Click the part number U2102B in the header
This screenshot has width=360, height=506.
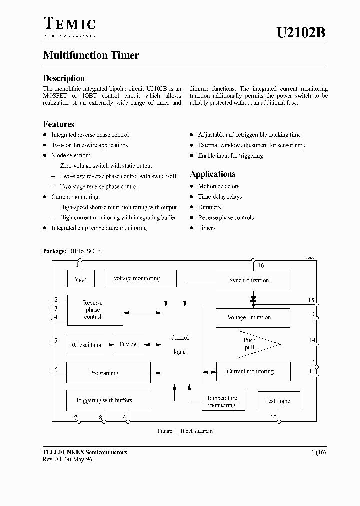(x=301, y=33)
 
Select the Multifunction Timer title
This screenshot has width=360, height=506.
(x=91, y=55)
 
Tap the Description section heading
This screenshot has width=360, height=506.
(x=64, y=78)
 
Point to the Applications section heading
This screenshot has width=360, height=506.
(x=212, y=174)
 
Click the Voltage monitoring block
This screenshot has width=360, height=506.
(x=139, y=279)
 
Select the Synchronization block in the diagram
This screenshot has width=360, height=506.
(x=251, y=280)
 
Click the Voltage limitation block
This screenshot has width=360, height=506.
(x=252, y=317)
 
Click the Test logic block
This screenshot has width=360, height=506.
(x=278, y=401)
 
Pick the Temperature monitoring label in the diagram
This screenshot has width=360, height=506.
(x=221, y=402)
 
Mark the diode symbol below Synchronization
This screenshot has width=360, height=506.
(x=253, y=299)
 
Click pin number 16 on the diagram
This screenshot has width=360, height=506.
(x=261, y=266)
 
